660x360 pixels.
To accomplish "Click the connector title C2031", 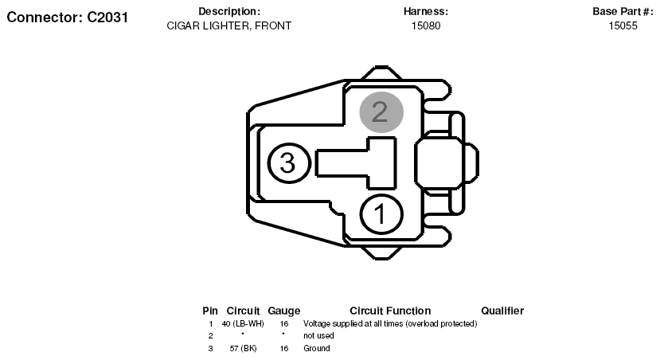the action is (x=68, y=18).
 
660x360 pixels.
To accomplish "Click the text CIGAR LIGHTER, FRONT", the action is (x=229, y=25).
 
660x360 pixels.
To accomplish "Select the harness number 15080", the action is (x=426, y=25).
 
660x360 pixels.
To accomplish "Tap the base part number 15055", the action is (x=623, y=25).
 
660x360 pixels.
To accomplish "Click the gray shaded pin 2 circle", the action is (x=381, y=112).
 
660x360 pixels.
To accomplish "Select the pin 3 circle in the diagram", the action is (x=289, y=163).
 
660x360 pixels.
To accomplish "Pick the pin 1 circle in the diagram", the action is (x=381, y=214).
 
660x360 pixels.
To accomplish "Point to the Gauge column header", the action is (x=284, y=311).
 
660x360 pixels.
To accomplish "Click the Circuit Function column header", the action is (x=390, y=311).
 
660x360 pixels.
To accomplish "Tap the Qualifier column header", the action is (x=502, y=311).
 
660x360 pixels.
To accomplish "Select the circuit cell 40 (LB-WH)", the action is (x=243, y=324).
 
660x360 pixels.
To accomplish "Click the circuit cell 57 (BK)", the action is (x=244, y=348).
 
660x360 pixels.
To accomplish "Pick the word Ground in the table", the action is (x=317, y=348).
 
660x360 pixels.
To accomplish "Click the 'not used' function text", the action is (x=318, y=335).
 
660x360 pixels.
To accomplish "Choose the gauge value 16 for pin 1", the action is (x=284, y=324).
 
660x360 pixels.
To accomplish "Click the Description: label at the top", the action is (x=229, y=11).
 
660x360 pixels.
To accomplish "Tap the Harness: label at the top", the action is (x=426, y=11).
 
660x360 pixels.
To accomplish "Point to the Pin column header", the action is (x=210, y=311).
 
